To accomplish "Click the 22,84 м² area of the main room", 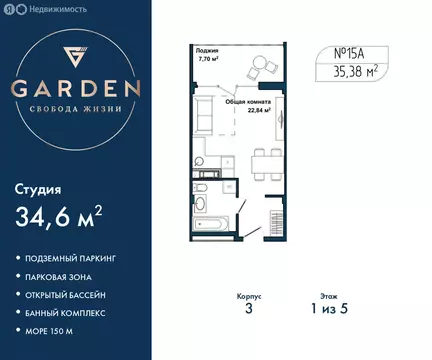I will coord(238,110).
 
